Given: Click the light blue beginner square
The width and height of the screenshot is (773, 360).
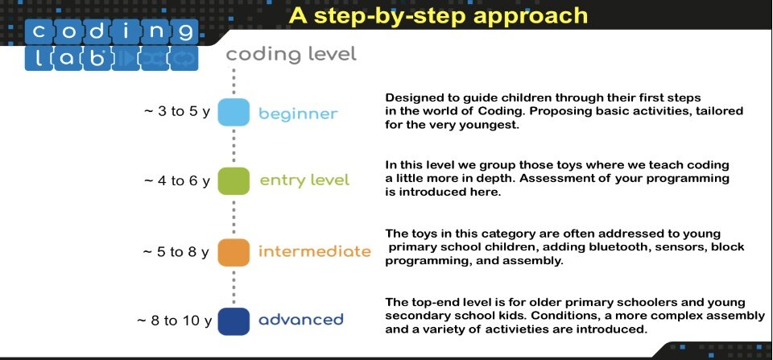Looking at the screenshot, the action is coord(234,113).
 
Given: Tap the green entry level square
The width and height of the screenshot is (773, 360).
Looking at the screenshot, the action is coord(234,181).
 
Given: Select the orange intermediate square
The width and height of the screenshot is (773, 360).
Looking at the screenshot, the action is coord(234,253).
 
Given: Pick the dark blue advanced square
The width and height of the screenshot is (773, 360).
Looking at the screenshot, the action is coord(234,321).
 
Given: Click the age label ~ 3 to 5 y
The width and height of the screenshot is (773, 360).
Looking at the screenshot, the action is coord(177,111).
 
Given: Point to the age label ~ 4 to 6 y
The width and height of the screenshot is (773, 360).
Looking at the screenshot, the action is coord(177,181).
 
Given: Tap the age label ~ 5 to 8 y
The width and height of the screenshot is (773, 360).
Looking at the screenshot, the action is coord(176,252).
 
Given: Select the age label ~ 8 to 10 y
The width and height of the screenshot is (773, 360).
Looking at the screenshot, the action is coord(174,321).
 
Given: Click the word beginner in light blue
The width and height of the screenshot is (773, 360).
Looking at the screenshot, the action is coord(298,114).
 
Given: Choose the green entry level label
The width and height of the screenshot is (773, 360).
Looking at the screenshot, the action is coord(304,180).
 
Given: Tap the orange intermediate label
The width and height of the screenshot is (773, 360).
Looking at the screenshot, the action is coord(315,251).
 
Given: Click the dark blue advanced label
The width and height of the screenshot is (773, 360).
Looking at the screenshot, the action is coord(300,320).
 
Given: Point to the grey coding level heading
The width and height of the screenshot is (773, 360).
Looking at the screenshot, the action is coord(291,55).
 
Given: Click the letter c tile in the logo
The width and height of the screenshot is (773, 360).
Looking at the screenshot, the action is coord(39,32).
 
